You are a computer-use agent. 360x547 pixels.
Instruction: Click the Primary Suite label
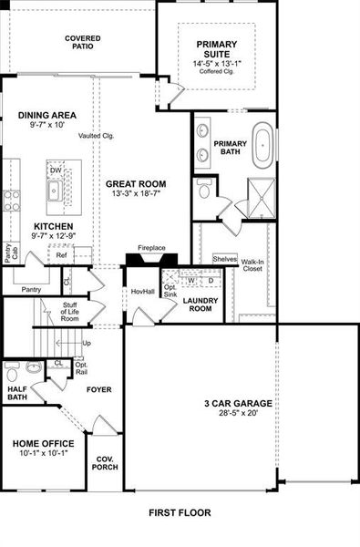[215, 49]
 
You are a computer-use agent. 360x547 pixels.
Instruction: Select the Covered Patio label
[82, 43]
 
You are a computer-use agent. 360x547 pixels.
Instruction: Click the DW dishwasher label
[57, 170]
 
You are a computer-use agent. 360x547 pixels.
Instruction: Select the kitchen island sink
[55, 191]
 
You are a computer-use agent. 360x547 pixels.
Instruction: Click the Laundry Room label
[198, 304]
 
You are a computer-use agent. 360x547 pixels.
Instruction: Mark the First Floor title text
[180, 512]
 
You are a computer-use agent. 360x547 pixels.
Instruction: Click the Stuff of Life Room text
[70, 313]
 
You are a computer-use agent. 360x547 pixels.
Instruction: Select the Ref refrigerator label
[61, 255]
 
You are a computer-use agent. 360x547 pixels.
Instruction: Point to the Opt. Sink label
[170, 291]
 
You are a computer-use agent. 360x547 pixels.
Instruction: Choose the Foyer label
[98, 389]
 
